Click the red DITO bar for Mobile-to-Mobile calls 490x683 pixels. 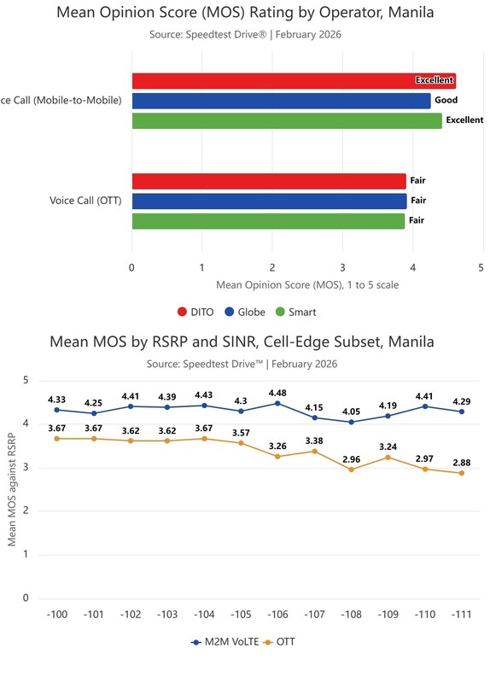pyautogui.click(x=294, y=81)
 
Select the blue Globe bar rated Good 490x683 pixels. pyautogui.click(x=282, y=101)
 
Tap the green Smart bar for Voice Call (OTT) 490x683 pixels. pyautogui.click(x=268, y=221)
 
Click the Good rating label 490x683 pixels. pyautogui.click(x=446, y=100)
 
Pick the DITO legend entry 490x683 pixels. pyautogui.click(x=195, y=312)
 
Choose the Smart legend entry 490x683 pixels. pyautogui.click(x=296, y=312)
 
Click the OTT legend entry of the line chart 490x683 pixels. pyautogui.click(x=279, y=642)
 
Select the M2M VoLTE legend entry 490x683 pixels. pyautogui.click(x=225, y=642)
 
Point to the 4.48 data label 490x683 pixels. pyautogui.click(x=278, y=393)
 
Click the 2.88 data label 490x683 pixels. pyautogui.click(x=462, y=463)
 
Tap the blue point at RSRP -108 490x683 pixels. pyautogui.click(x=352, y=422)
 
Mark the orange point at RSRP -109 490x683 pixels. pyautogui.click(x=388, y=458)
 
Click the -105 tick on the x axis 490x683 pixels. pyautogui.click(x=241, y=615)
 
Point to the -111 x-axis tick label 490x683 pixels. pyautogui.click(x=461, y=615)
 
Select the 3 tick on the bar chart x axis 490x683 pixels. pyautogui.click(x=343, y=267)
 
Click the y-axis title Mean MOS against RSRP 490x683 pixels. pyautogui.click(x=12, y=489)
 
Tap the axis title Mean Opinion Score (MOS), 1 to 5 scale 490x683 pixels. pyautogui.click(x=307, y=285)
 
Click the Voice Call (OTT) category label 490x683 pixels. pyautogui.click(x=85, y=201)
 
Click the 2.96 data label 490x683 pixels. pyautogui.click(x=352, y=459)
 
